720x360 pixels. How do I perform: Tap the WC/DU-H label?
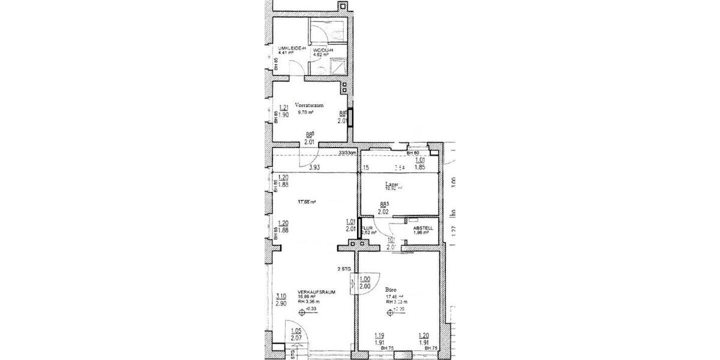point(322,50)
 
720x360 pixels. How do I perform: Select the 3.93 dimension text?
point(313,169)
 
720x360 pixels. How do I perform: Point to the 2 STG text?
point(344,269)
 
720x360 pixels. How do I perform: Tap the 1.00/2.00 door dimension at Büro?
point(364,283)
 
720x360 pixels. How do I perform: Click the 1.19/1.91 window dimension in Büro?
point(379,340)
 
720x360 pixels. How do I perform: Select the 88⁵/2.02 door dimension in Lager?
point(384,208)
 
